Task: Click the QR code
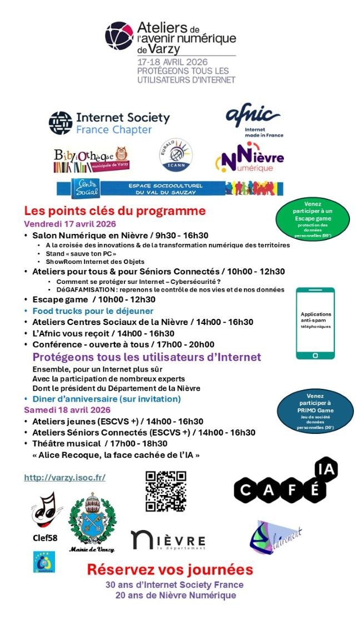166,491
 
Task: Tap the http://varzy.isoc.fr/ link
64,477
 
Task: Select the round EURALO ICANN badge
176,155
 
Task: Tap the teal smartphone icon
315,323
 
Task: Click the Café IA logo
286,482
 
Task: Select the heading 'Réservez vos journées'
170,569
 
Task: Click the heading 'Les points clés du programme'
115,211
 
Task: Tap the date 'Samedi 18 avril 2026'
67,410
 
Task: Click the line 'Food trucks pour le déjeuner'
93,311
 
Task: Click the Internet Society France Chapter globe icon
61,123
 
